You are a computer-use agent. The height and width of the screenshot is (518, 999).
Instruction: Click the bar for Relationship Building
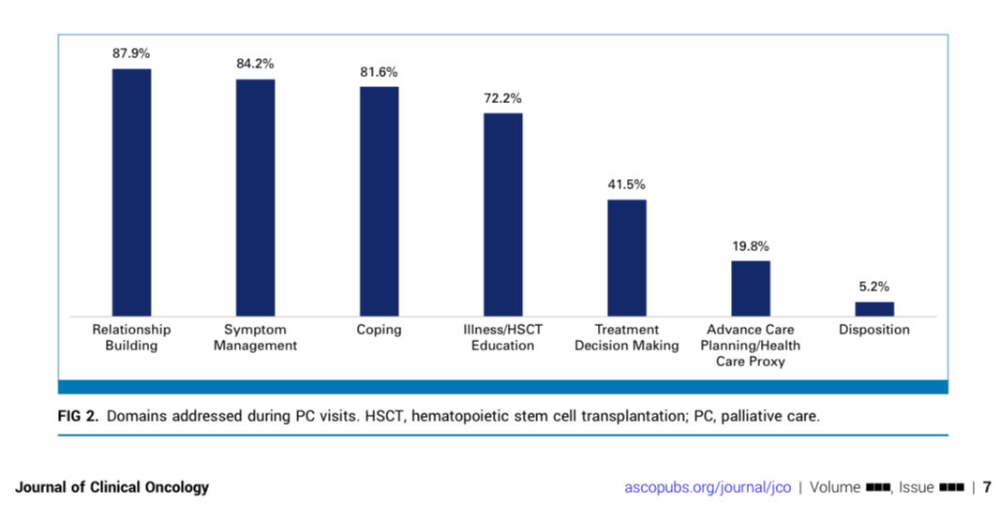(x=132, y=192)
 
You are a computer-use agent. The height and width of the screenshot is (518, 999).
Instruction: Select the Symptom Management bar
(x=256, y=198)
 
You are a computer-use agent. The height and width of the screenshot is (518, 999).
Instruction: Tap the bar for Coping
(x=380, y=201)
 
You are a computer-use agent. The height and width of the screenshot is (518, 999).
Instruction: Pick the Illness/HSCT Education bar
(x=502, y=215)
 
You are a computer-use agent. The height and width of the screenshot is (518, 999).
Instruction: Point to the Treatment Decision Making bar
(x=627, y=258)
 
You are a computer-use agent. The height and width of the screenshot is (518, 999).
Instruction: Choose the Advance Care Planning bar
(x=751, y=289)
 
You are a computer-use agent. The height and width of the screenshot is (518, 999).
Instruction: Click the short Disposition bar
(x=874, y=309)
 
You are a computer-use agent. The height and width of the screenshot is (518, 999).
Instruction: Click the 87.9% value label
(x=131, y=53)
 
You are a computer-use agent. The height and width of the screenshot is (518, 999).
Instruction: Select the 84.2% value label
(x=255, y=64)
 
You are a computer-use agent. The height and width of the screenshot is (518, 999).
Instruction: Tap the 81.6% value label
(x=379, y=72)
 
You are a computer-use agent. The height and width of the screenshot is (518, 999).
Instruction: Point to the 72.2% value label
(x=502, y=98)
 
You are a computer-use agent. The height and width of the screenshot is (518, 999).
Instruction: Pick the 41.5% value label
(x=626, y=185)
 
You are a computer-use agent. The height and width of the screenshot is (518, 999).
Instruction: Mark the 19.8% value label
(x=751, y=246)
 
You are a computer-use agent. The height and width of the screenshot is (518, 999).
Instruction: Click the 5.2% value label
(x=874, y=287)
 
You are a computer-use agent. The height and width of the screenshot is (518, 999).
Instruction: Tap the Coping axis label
(x=380, y=330)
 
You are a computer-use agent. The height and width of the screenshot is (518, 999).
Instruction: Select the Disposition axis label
(x=874, y=330)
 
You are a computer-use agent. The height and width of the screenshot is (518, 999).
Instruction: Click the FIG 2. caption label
(x=79, y=416)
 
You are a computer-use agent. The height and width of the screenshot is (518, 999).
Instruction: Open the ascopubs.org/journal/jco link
(x=708, y=487)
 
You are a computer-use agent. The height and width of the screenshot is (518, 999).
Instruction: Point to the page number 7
(x=987, y=487)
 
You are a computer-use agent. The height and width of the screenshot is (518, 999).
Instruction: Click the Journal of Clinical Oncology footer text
(x=112, y=487)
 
